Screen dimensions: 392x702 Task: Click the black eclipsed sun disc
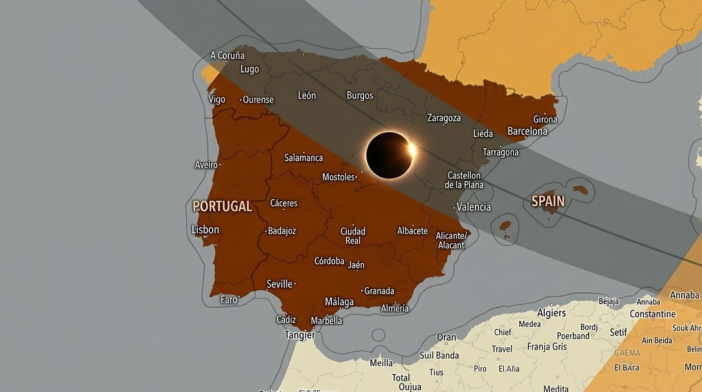[x=388, y=155]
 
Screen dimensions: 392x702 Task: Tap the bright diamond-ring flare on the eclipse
[x=412, y=149]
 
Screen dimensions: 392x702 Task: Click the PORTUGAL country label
[x=222, y=206]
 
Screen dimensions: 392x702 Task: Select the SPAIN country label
[x=548, y=201]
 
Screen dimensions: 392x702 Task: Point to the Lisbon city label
[x=205, y=230]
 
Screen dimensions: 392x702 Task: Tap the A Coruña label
[x=227, y=56]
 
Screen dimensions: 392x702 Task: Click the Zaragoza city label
[x=444, y=118]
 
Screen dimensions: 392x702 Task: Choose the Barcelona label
[x=527, y=131]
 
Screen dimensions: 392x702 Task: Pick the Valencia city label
[x=473, y=207]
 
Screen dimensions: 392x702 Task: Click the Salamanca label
[x=303, y=158]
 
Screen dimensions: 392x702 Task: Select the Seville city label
[x=279, y=284]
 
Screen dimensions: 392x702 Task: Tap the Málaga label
[x=339, y=302]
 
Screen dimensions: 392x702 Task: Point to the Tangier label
[x=300, y=335]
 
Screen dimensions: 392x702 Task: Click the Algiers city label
[x=552, y=313]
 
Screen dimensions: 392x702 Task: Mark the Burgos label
[x=360, y=96]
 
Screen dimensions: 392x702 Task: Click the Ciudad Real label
[x=353, y=236]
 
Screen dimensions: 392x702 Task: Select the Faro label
[x=229, y=299]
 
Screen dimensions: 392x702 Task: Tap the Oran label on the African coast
[x=446, y=338]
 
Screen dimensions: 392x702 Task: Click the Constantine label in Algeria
[x=652, y=314]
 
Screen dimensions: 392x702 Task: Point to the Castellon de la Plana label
[x=464, y=180]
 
